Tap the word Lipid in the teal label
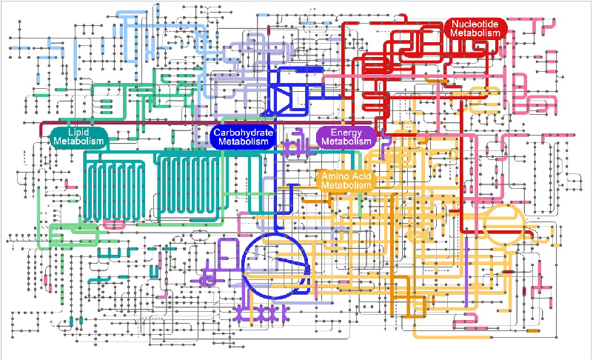click(x=78, y=133)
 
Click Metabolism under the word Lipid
click(x=78, y=142)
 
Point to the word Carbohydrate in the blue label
click(x=243, y=133)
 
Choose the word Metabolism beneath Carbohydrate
click(x=243, y=142)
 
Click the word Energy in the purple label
click(x=346, y=133)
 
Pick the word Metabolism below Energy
click(x=346, y=142)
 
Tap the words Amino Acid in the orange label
click(x=346, y=176)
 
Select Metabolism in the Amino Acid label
click(x=346, y=185)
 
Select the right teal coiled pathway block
click(x=191, y=189)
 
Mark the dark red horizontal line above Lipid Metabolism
click(x=148, y=122)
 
